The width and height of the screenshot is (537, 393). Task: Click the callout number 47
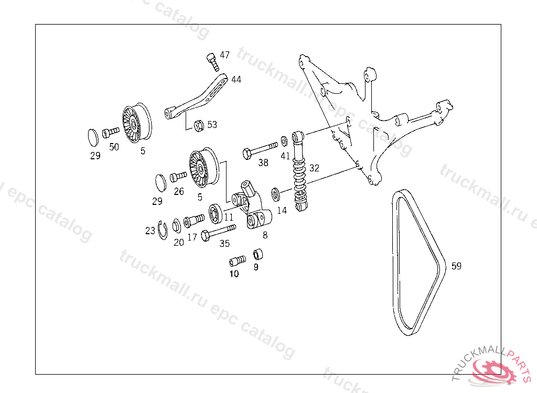click(224, 55)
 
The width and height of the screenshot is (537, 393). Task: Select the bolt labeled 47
click(212, 60)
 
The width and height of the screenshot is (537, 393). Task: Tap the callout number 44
click(236, 80)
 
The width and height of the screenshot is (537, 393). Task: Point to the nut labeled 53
click(199, 125)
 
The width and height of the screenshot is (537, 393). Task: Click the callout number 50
click(114, 147)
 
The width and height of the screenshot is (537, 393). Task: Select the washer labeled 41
click(284, 140)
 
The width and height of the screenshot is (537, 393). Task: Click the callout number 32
click(314, 168)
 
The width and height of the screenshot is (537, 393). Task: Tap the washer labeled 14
click(275, 194)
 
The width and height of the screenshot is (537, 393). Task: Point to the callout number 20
click(179, 242)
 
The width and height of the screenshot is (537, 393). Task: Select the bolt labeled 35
click(218, 231)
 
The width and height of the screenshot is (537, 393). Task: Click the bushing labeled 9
click(258, 255)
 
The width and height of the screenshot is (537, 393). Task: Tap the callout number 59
click(456, 266)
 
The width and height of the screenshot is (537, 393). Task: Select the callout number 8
click(265, 235)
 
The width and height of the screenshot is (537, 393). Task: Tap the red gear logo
click(493, 371)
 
